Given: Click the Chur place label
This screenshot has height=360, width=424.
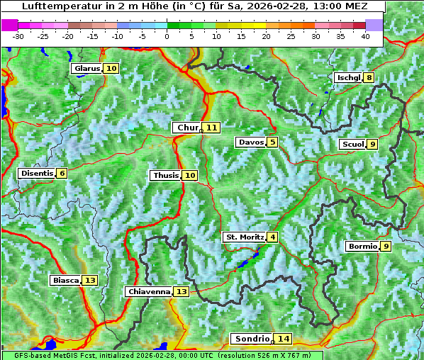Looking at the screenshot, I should tap(187, 128).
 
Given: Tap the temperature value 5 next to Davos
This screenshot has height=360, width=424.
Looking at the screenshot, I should tap(273, 142).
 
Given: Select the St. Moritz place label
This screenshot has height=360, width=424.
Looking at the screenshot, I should tap(245, 237).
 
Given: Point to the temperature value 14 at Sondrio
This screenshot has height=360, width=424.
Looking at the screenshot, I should tap(284, 339).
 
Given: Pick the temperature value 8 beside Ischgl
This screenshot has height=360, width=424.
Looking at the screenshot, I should tap(369, 78).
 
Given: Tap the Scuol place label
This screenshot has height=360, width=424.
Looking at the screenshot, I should tap(352, 145).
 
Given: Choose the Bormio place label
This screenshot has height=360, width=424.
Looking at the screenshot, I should tap(362, 247).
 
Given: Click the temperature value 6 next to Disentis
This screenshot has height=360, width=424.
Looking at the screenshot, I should tap(62, 174).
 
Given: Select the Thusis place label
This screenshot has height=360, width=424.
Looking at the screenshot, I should tap(165, 176).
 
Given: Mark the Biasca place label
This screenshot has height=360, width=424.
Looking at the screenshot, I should tap(66, 281).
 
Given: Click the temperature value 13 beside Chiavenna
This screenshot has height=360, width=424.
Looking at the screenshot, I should tap(182, 292).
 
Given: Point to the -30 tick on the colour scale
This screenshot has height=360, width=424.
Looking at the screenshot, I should tap(18, 35).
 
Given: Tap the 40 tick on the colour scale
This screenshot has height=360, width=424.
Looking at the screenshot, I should tap(365, 35).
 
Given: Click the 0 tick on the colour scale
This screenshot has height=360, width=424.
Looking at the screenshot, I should tap(167, 35).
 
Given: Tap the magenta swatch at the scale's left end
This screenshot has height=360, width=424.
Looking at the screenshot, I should tap(10, 25).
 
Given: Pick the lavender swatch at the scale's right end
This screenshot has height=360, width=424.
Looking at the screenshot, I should tap(374, 25).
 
